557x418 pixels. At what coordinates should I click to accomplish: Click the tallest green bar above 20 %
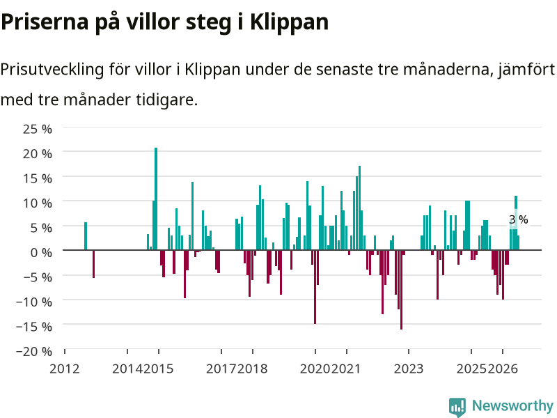156,199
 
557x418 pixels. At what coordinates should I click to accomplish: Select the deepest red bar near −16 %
402,290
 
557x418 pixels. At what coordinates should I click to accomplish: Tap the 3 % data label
518,219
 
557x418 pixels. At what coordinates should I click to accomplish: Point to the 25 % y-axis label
38,129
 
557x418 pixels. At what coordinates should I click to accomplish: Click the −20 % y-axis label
34,351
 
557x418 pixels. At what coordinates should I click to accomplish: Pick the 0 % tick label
41,252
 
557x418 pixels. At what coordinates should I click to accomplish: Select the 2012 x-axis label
64,369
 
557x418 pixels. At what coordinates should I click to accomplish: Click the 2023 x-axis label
409,369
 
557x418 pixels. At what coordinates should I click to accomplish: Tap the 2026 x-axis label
503,369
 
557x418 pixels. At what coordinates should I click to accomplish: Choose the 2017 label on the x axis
221,369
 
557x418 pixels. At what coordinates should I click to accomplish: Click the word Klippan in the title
289,23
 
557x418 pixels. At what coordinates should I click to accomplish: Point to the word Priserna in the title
45,22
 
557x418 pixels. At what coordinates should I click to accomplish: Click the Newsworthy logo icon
457,407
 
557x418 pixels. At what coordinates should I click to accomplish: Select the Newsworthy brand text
512,405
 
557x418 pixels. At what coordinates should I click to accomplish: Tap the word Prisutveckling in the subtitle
52,70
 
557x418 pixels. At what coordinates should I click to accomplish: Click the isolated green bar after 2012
86,236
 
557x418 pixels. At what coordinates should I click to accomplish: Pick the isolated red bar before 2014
94,264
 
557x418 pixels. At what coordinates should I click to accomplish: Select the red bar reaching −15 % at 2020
315,287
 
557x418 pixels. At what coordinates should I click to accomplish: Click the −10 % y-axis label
34,302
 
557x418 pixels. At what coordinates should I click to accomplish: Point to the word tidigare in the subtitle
166,100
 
